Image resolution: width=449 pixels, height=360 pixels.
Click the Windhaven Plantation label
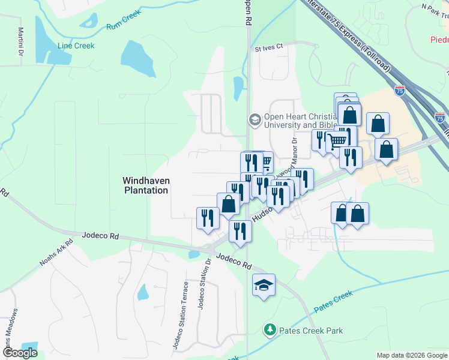click(145, 185)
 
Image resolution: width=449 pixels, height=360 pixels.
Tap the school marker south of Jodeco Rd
click(264, 284)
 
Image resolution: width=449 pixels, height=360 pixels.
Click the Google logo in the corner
click(20, 353)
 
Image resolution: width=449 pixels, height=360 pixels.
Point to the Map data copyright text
click(411, 355)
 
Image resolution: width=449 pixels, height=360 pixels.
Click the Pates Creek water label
click(333, 301)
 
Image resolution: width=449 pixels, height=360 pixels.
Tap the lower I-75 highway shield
click(440, 118)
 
